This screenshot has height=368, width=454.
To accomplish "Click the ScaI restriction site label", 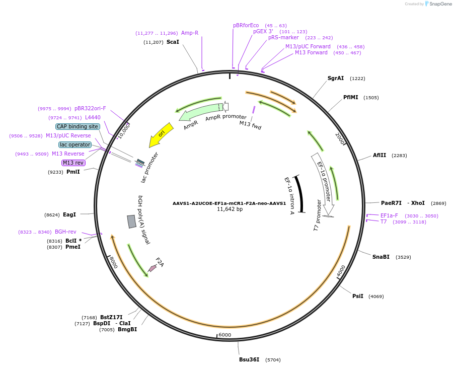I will click(x=173, y=42).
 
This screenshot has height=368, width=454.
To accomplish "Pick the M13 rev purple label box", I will click(x=73, y=163).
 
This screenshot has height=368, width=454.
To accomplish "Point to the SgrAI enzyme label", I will click(x=336, y=78).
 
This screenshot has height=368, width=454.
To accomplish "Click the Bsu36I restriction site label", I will click(x=249, y=359).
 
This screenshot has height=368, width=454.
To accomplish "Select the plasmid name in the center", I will click(x=229, y=203).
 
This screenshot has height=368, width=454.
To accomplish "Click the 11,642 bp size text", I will click(x=230, y=209).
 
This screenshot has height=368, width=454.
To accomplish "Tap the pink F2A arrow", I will click(x=153, y=268).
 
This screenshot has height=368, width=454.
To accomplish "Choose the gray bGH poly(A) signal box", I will click(x=131, y=222).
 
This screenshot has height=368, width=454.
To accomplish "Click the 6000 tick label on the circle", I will click(x=224, y=335).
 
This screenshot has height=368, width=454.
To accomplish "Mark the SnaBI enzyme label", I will click(x=381, y=257).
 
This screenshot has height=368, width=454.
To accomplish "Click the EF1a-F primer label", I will click(x=389, y=215).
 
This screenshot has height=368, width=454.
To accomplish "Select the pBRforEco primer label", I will click(x=246, y=25).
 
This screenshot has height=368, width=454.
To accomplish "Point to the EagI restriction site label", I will click(x=69, y=214).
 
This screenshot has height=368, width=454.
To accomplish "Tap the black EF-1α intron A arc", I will click(x=300, y=194).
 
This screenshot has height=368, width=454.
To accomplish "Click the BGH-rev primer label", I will click(x=65, y=232).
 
